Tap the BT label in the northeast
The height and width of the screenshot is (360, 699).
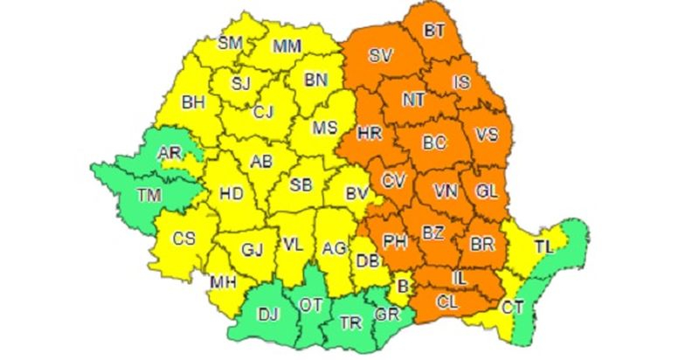click(x=434, y=31)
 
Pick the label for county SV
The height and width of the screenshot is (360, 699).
click(x=380, y=56)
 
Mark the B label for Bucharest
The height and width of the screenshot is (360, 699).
click(x=404, y=285)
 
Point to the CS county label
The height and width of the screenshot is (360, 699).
click(x=183, y=239)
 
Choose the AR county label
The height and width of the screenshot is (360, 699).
click(x=170, y=154)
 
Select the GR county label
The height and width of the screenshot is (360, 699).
click(x=385, y=315)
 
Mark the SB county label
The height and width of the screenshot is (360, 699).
click(x=301, y=185)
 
